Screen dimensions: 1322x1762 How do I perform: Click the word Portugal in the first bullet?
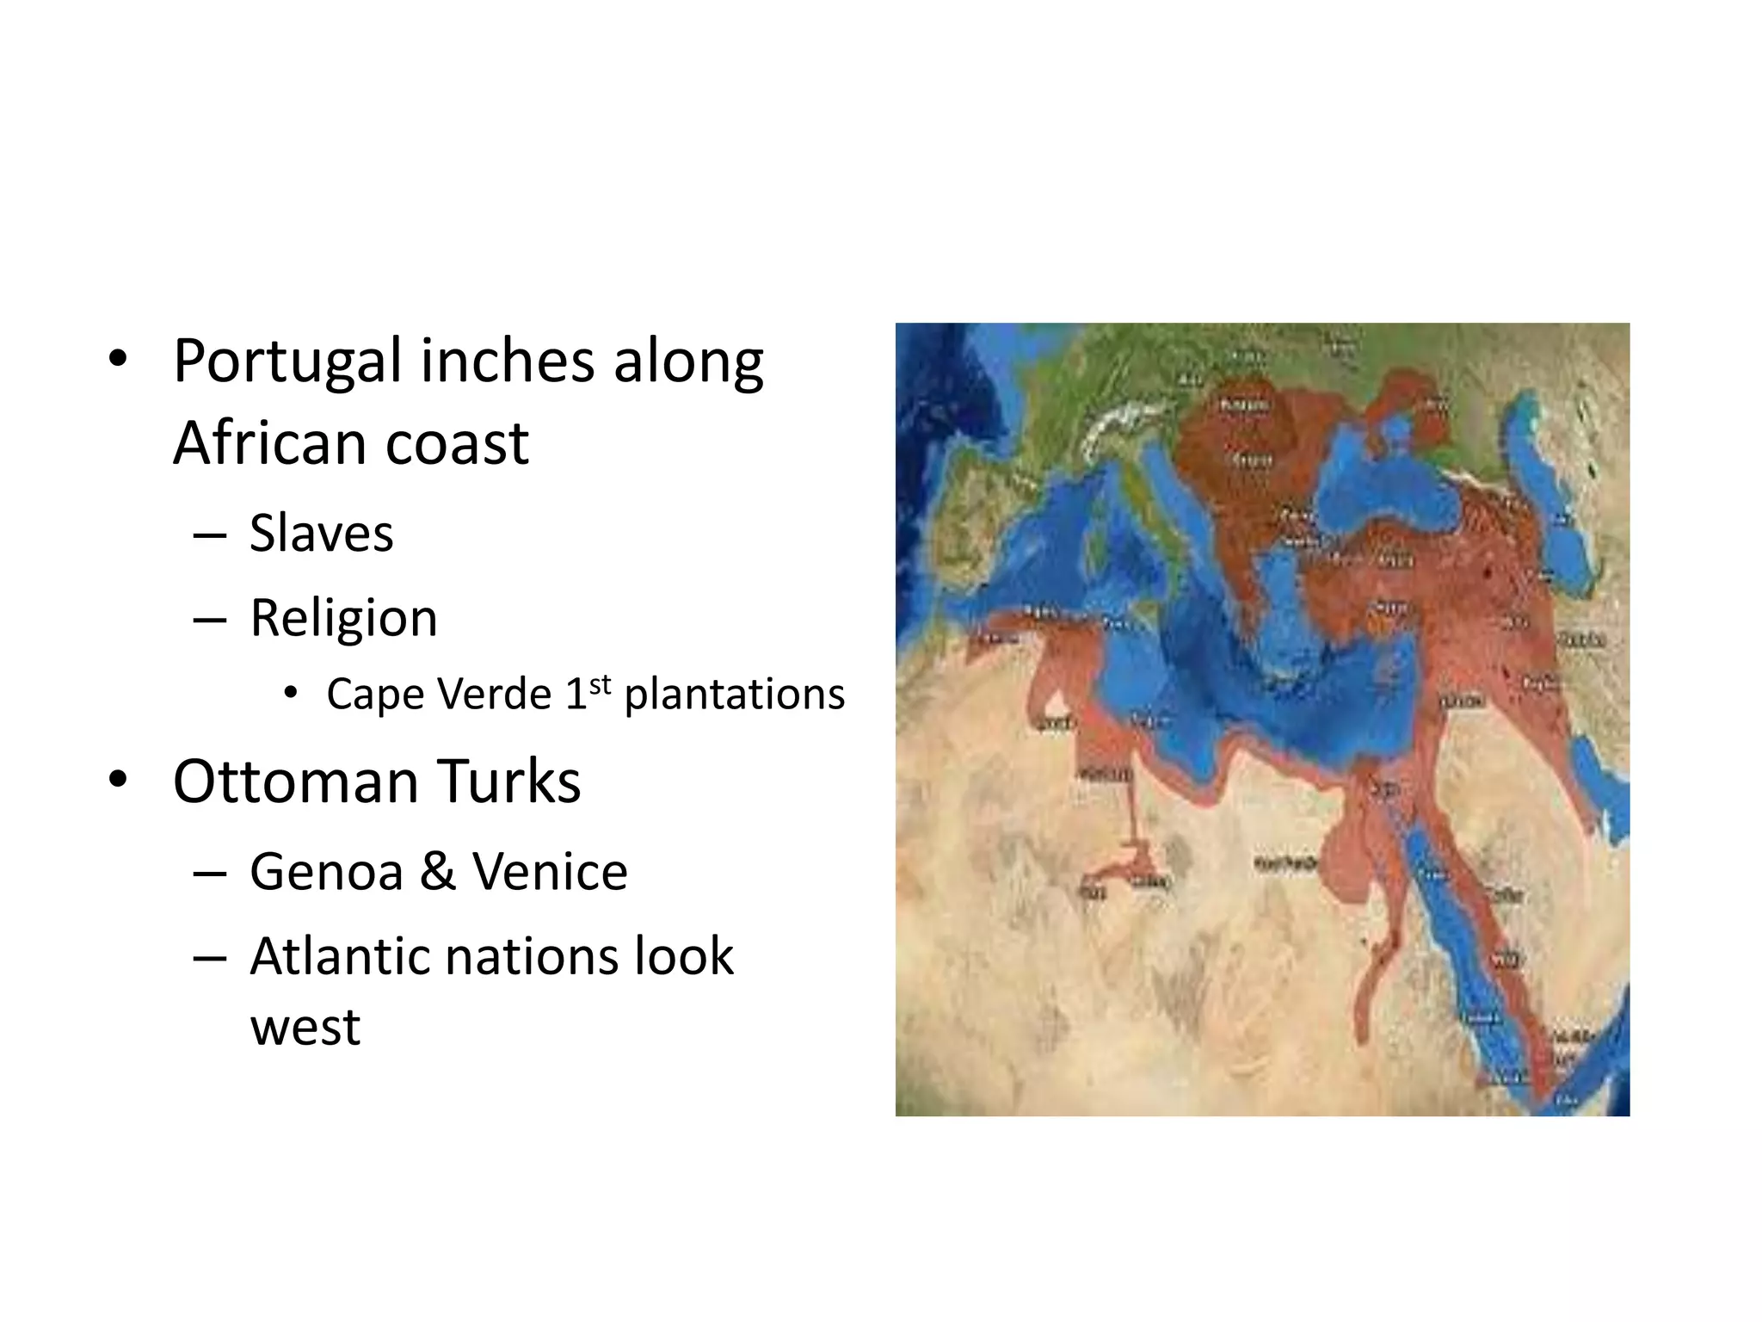[x=287, y=362]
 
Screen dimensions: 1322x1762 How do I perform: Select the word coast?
[x=457, y=444]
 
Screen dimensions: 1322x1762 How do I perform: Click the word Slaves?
[x=321, y=534]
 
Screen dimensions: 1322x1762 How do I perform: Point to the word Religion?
[x=343, y=618]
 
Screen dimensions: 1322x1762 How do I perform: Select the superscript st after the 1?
[x=600, y=685]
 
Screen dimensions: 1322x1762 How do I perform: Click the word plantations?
[x=735, y=694]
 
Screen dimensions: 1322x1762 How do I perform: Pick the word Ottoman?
[x=295, y=781]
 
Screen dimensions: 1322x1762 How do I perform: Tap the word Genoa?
[x=326, y=872]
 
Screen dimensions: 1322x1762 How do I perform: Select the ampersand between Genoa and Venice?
[x=438, y=872]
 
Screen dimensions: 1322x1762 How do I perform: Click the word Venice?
[x=551, y=872]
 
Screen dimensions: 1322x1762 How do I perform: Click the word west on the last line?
[x=305, y=1027]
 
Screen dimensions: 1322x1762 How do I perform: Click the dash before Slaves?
[x=210, y=535]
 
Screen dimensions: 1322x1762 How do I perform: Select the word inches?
[x=508, y=361]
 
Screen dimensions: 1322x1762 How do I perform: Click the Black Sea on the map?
[x=1385, y=478]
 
